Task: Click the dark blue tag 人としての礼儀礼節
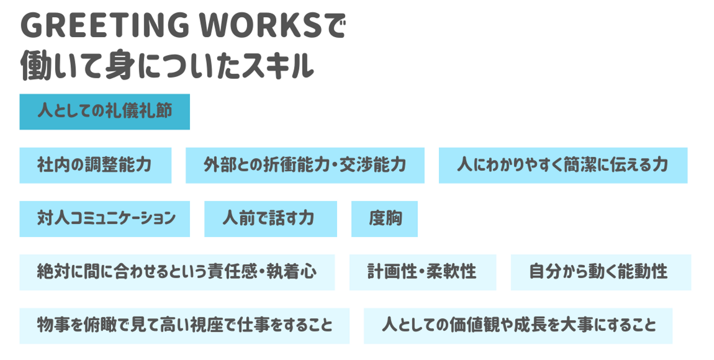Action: tap(105, 112)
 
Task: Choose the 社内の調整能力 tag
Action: tap(95, 165)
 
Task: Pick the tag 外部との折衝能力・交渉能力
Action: tap(305, 165)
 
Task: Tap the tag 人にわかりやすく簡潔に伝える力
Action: tap(563, 165)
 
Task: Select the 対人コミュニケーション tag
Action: tap(105, 219)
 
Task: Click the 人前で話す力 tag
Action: tap(270, 219)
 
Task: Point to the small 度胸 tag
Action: tap(384, 219)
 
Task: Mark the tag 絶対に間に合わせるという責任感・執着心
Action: tap(177, 272)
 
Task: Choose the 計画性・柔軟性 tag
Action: tap(422, 272)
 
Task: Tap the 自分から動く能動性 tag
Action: tap(600, 272)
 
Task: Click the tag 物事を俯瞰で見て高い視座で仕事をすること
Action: tap(184, 326)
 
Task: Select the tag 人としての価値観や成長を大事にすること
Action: tap(518, 326)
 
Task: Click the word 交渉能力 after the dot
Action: tap(377, 165)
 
